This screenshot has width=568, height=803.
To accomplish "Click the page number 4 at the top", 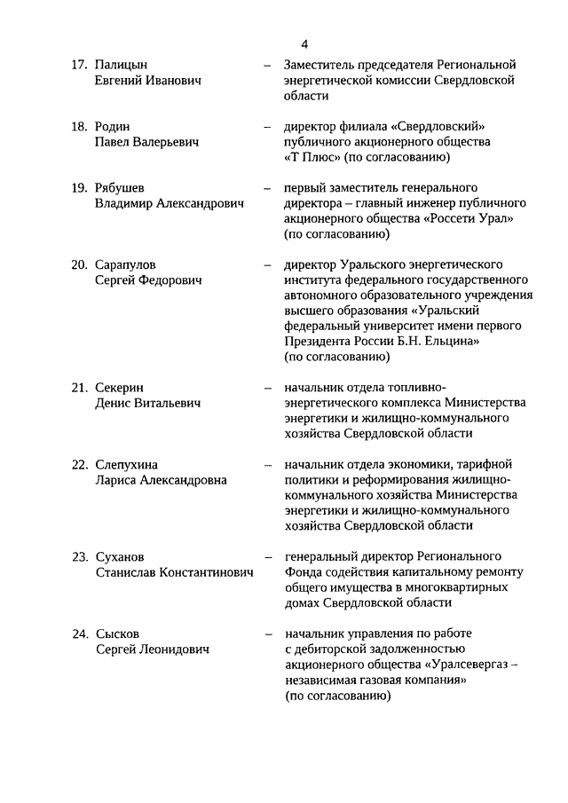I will pos(304,43).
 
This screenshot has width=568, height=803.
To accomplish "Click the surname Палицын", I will pos(121,65).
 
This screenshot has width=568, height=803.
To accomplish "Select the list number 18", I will pos(78,126).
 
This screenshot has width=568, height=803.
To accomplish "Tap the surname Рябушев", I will pos(120,187).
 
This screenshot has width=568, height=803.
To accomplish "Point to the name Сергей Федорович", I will pos(148,280).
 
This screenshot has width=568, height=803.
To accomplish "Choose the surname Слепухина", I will pos(127,464).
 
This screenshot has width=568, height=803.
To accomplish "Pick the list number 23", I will pos(78,556).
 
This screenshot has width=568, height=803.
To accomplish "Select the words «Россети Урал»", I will pos(470,218).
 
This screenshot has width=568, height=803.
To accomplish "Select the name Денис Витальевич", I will pos(147,404).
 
